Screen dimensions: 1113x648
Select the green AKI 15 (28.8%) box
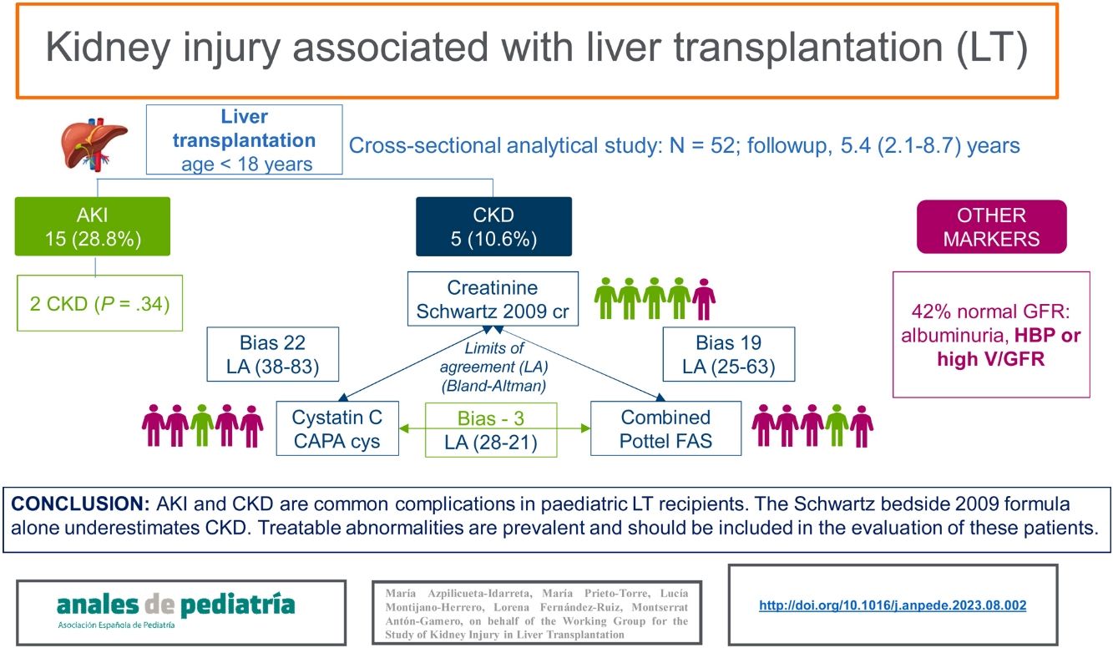[92, 226]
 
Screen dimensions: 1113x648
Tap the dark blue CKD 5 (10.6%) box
[493, 226]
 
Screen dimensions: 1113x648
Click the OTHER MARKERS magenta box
[991, 226]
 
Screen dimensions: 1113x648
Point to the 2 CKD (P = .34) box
[99, 304]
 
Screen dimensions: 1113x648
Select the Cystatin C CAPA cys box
[337, 429]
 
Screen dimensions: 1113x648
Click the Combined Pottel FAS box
[665, 429]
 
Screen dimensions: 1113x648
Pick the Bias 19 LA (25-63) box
[727, 355]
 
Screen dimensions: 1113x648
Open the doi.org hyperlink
[892, 606]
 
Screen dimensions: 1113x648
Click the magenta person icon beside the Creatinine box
[705, 298]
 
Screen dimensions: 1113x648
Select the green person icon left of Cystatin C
[201, 425]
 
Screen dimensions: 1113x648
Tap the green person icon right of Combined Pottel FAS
[837, 425]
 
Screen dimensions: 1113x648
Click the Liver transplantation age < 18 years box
[244, 139]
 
